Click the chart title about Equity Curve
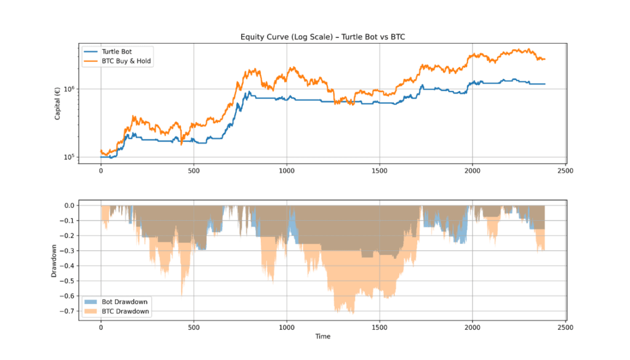pos(322,37)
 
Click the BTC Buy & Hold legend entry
pos(126,61)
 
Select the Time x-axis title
pos(323,337)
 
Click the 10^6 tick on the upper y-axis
pos(68,89)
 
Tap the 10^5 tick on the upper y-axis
pos(68,157)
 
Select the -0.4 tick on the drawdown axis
pos(66,266)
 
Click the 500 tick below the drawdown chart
pos(194,328)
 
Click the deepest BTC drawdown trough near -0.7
pos(353,313)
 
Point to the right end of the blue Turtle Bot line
pos(545,84)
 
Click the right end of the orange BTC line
pos(545,59)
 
